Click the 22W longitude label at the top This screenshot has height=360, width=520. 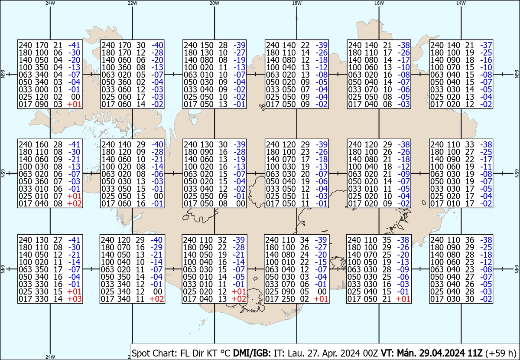(132, 3)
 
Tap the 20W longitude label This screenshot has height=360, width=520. (214, 3)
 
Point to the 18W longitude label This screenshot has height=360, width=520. (297, 3)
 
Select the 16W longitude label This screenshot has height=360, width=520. (379, 3)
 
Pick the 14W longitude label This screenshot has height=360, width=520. (461, 3)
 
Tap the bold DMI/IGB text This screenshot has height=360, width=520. (252, 353)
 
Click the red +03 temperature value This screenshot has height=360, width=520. (75, 299)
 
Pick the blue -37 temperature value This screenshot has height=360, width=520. (486, 45)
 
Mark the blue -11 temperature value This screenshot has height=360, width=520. (486, 167)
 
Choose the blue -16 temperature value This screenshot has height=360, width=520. (486, 60)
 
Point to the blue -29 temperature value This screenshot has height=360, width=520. (156, 247)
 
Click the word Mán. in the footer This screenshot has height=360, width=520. (406, 353)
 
